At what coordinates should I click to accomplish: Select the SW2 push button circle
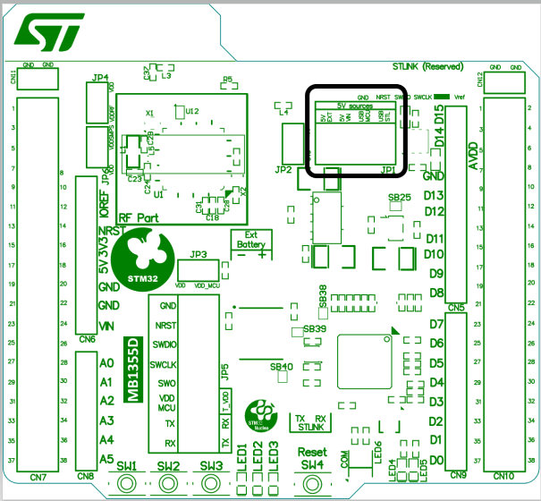(x=169, y=484)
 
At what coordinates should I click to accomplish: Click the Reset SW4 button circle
(x=312, y=484)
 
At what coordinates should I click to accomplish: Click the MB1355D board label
(x=134, y=370)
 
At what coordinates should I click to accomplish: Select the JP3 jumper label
(x=199, y=254)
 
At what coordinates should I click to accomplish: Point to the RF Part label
(x=138, y=217)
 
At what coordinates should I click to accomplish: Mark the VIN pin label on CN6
(x=109, y=325)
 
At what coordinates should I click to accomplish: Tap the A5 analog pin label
(x=106, y=459)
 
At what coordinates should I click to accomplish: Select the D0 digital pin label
(x=435, y=460)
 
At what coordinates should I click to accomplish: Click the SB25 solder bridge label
(x=399, y=196)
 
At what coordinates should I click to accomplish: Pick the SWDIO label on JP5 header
(x=165, y=344)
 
